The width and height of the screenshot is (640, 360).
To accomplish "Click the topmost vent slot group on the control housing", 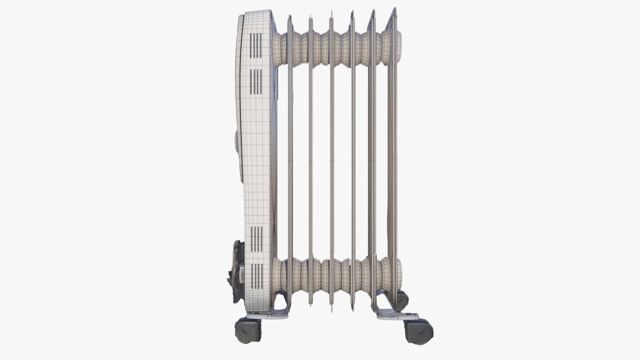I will point(256,46).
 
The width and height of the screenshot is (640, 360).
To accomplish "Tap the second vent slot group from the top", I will point(256,82).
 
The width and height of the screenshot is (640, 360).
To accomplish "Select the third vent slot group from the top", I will point(256,239).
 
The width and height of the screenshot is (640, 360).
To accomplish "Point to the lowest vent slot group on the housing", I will point(256,276).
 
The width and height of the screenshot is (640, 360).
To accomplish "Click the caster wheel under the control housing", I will point(248,331).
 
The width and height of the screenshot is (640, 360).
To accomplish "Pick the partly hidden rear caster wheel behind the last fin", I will point(402,301).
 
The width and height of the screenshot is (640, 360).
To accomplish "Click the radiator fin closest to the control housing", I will point(290,160).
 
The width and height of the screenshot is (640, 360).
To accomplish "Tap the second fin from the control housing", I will point(311,160).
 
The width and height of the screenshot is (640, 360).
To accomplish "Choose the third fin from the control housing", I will point(332,160).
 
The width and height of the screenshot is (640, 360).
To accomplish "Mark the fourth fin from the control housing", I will point(353,160).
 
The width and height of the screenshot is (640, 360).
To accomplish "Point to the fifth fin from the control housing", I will point(372,160).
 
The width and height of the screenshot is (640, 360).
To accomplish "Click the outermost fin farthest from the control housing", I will point(392,160).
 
